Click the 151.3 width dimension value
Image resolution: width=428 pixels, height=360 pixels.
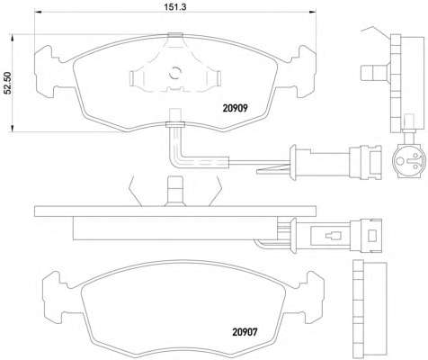tap(175, 6)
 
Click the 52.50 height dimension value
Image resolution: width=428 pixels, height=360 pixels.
tap(6, 83)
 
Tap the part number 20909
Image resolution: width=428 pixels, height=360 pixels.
tap(235, 108)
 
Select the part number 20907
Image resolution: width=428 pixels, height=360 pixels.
tap(245, 332)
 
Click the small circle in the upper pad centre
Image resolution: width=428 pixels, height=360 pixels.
tap(175, 73)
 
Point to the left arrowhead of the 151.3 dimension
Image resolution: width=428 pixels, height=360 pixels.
tap(38, 12)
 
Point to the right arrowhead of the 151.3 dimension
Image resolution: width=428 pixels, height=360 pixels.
tap(313, 12)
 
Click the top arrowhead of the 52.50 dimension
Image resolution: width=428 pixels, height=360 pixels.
tap(13, 38)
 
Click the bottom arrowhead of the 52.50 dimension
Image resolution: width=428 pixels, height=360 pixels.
tap(13, 129)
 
